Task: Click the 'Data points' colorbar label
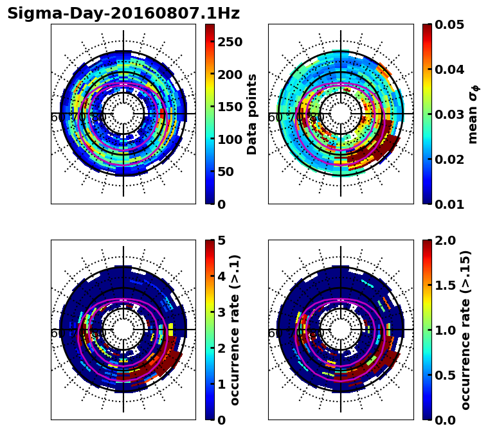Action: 252,114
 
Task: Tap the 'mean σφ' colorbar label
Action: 473,114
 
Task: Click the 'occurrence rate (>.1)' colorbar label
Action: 235,330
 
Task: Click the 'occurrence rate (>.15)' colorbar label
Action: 465,330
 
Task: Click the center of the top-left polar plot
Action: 123,114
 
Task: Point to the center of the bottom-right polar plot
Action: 341,330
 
